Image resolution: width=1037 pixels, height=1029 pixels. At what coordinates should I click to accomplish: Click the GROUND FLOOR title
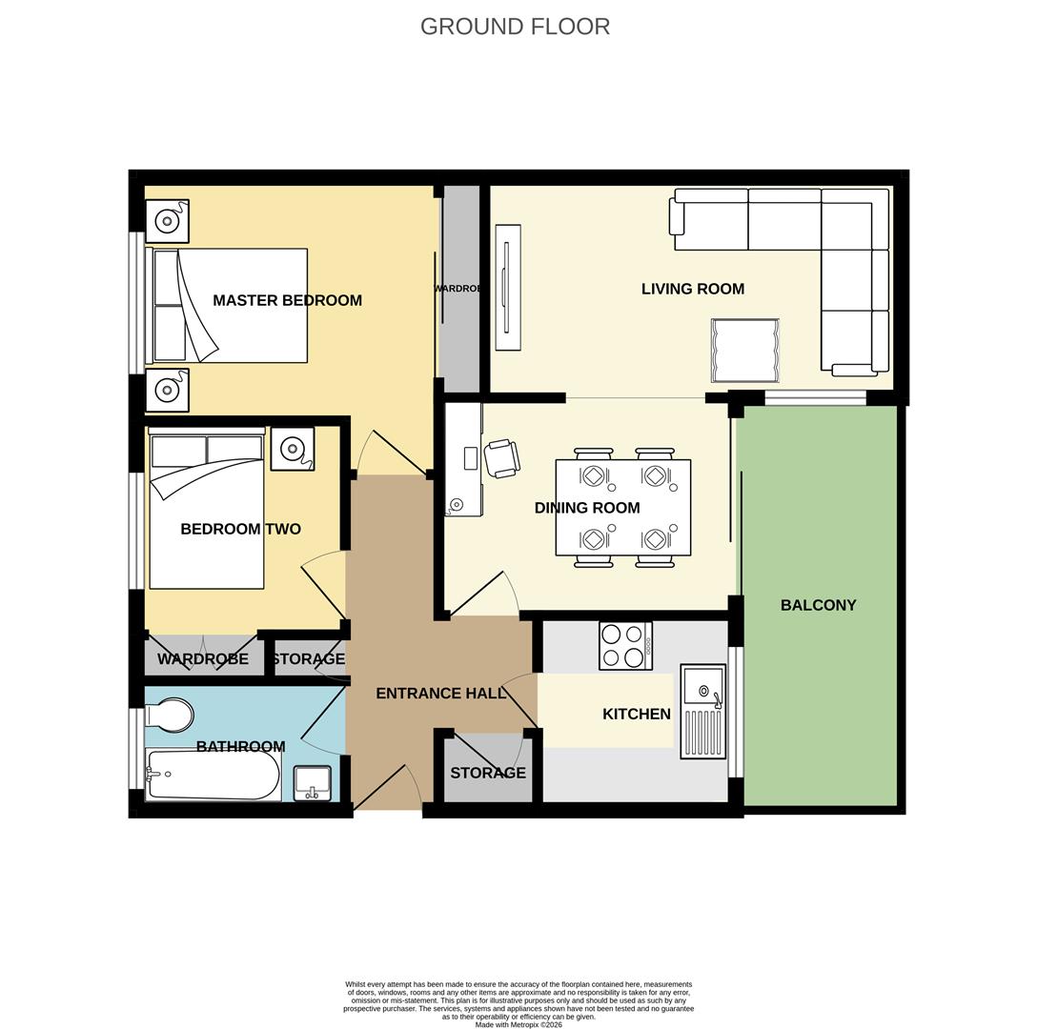515,27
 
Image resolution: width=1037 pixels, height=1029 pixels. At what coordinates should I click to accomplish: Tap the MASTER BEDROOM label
287,300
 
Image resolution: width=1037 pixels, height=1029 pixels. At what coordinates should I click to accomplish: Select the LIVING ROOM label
692,289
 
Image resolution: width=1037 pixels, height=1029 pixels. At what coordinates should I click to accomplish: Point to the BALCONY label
818,605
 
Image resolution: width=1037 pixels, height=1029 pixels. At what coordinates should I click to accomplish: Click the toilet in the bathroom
170,715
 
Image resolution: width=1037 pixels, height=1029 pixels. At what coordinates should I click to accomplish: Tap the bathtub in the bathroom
213,775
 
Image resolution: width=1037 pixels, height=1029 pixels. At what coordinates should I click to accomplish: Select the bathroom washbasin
313,783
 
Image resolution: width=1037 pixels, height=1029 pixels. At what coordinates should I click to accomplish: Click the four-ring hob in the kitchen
626,645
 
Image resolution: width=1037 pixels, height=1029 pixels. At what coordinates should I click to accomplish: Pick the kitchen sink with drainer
703,712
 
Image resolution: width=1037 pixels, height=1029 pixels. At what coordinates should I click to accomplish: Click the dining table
623,507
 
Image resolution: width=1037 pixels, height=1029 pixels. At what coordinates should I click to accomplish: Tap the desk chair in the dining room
502,457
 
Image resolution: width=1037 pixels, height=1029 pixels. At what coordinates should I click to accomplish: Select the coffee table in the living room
744,350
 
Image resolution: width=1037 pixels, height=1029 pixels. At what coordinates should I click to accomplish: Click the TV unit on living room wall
508,287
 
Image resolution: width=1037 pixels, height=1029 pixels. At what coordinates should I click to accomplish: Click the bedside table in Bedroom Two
292,448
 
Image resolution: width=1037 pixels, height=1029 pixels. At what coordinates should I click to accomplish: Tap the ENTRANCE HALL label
440,693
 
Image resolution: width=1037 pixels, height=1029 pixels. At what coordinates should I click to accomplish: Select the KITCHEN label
636,714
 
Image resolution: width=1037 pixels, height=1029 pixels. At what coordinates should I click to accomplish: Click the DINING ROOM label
586,508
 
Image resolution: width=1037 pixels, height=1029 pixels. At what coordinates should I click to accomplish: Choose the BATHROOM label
240,747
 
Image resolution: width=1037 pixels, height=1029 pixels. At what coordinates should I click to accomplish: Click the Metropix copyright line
518,1024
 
